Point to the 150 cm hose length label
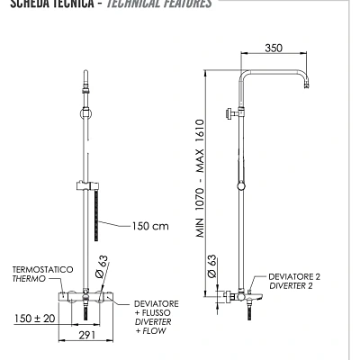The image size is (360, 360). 151,226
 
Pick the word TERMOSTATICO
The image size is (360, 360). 41,269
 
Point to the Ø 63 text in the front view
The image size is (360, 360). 103,264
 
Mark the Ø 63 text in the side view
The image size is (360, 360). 211,266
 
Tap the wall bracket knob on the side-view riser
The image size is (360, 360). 230,114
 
